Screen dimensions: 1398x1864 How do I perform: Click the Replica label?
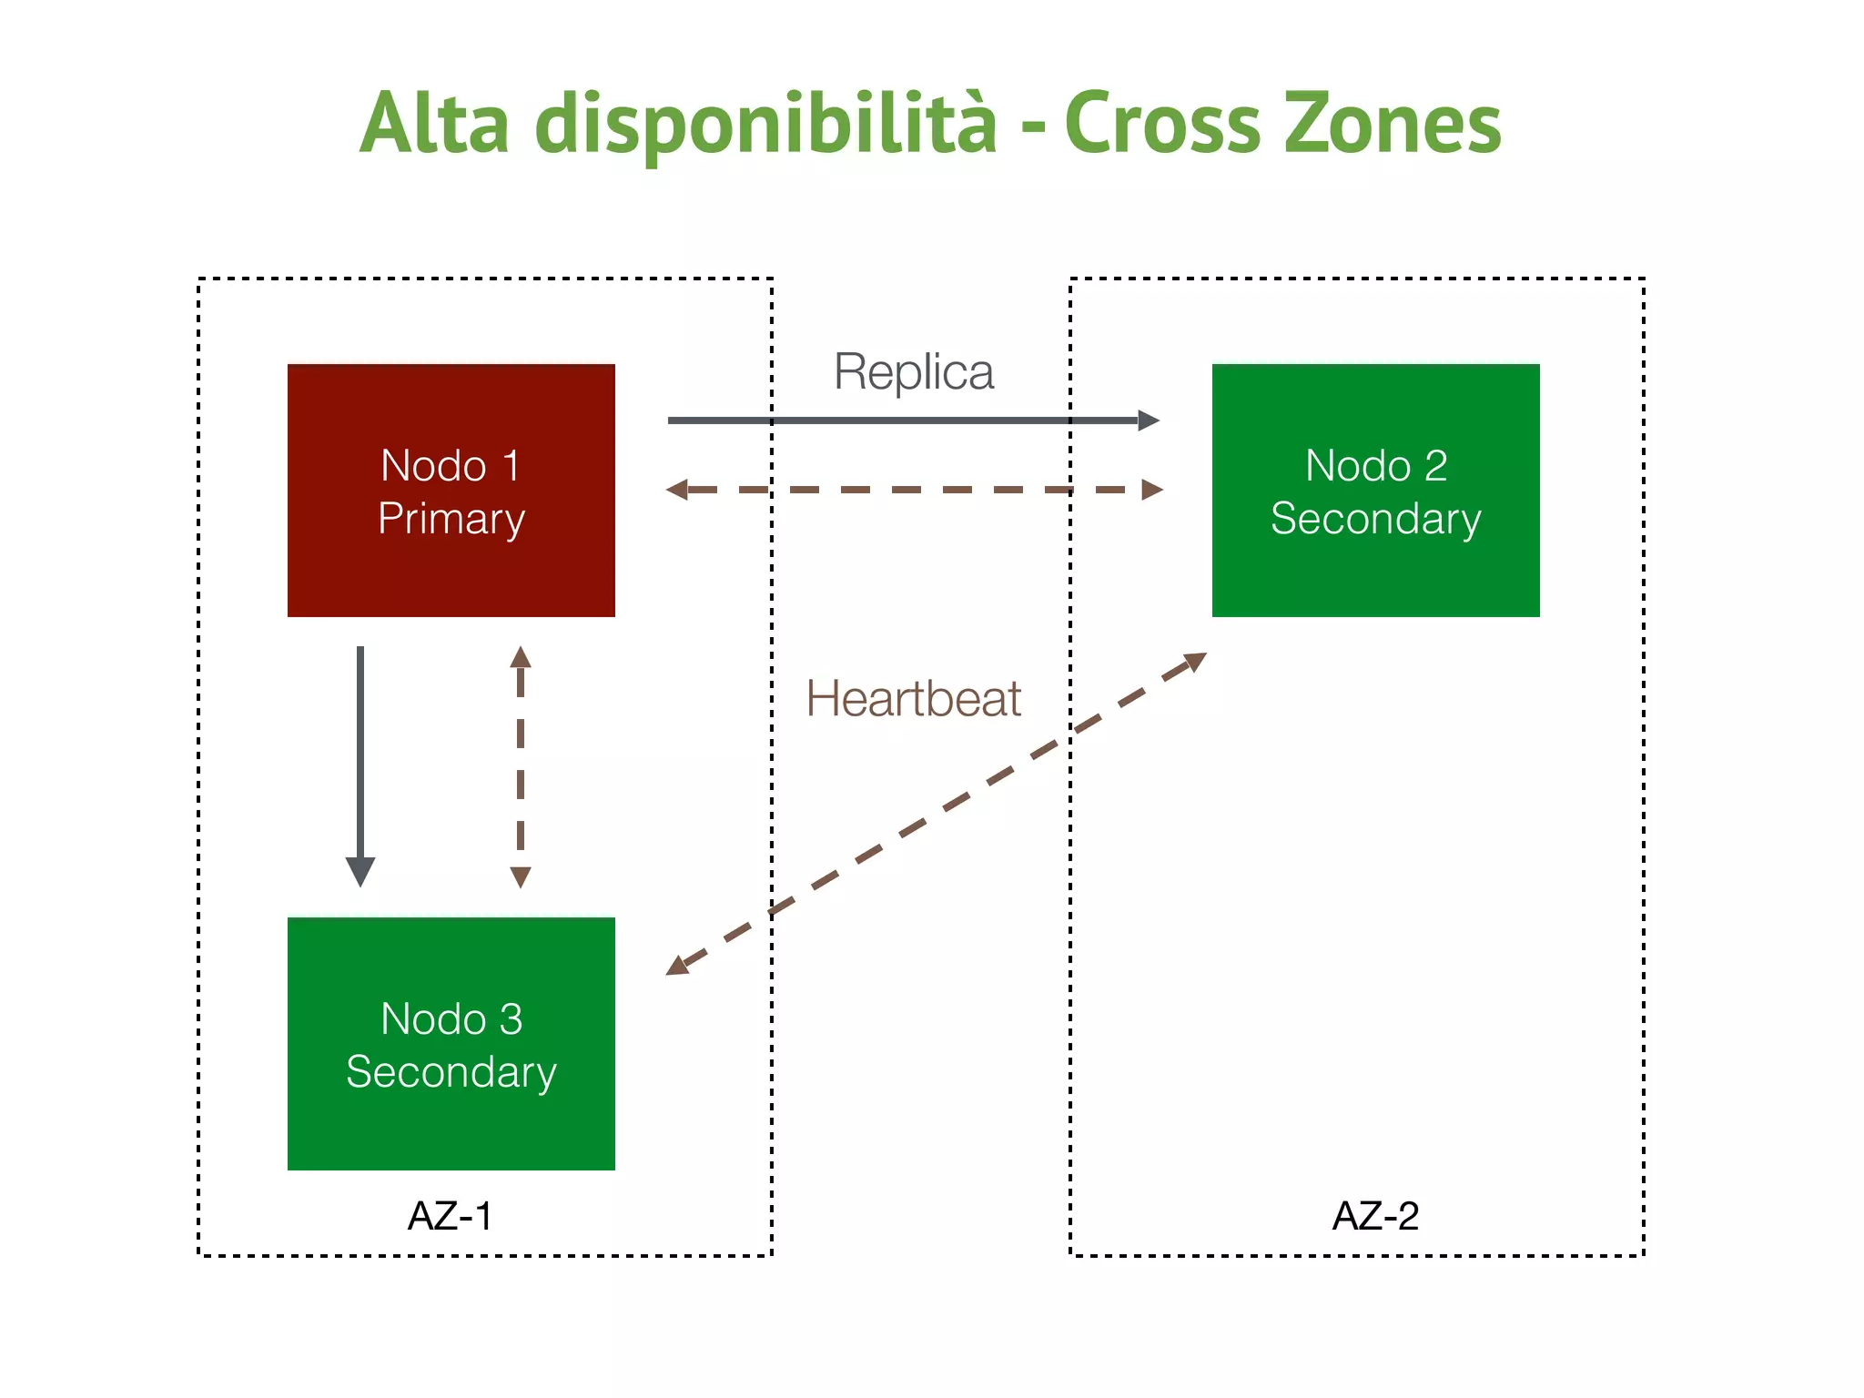tap(914, 372)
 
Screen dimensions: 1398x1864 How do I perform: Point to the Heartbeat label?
tap(913, 699)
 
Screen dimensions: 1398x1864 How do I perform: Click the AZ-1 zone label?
tap(450, 1216)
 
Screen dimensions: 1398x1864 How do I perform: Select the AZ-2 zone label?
tap(1375, 1216)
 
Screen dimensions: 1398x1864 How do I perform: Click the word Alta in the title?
tap(434, 123)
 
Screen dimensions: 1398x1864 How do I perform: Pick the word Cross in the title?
tap(1162, 123)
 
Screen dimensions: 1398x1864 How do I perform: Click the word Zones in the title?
tap(1393, 123)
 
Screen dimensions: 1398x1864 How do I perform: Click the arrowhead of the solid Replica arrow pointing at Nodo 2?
tap(1149, 420)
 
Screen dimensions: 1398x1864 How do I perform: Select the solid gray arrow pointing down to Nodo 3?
tap(360, 755)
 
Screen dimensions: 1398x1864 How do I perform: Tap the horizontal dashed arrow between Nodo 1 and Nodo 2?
tap(914, 490)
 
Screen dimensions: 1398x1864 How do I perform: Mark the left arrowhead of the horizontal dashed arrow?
tap(677, 490)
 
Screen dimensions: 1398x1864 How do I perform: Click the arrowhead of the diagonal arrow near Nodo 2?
tap(1195, 660)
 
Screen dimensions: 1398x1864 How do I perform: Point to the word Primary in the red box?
tap(451, 519)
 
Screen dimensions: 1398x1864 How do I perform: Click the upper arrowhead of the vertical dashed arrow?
tap(521, 656)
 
